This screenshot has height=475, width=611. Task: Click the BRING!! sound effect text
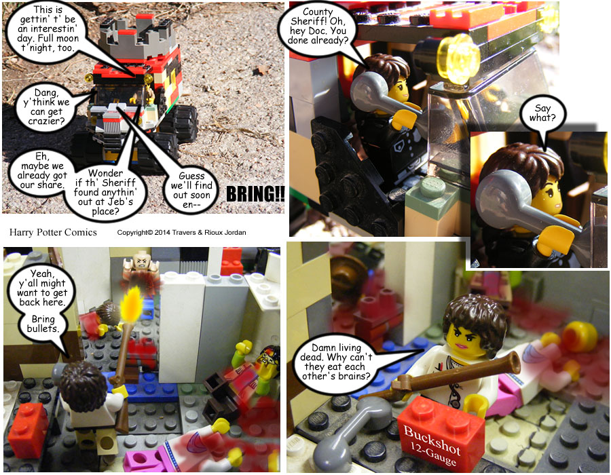[255, 194]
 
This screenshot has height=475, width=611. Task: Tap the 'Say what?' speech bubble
[542, 114]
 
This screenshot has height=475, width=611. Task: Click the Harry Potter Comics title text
[53, 233]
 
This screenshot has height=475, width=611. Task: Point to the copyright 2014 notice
[181, 233]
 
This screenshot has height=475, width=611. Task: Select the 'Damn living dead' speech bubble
[336, 362]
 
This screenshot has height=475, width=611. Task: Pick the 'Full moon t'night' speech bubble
[48, 28]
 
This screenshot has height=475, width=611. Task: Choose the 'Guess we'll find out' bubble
[191, 191]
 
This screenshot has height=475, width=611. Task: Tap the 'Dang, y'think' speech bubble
[46, 107]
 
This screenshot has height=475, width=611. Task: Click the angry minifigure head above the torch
[141, 261]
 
